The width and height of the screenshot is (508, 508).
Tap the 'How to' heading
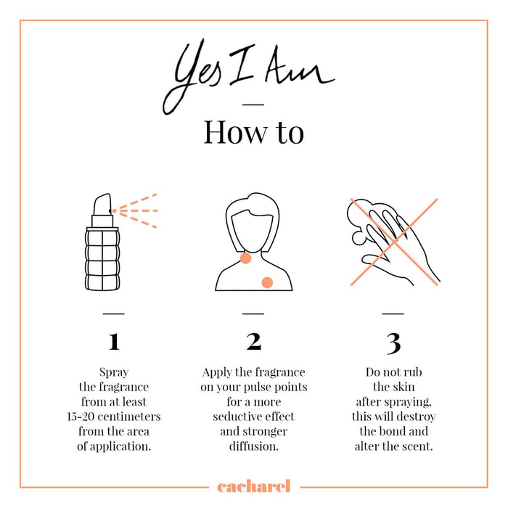tap(254, 132)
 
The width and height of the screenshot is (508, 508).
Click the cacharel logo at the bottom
tap(254, 486)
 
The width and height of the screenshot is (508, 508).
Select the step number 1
tap(114, 342)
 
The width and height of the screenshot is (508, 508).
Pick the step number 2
tap(253, 342)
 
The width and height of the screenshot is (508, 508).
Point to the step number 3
tap(393, 343)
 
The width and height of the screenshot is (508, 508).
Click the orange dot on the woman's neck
tap(245, 258)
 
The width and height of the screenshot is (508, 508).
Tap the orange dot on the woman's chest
tap(267, 282)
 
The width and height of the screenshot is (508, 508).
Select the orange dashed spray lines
tap(134, 211)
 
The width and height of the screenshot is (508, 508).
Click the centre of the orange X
tap(394, 242)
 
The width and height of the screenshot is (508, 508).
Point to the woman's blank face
tap(253, 231)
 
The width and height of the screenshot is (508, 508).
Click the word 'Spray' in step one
tap(114, 372)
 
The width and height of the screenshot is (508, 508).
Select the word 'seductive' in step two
tap(237, 417)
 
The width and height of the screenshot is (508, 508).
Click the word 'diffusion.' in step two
tap(254, 446)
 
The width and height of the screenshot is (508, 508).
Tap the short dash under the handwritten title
tap(253, 105)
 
